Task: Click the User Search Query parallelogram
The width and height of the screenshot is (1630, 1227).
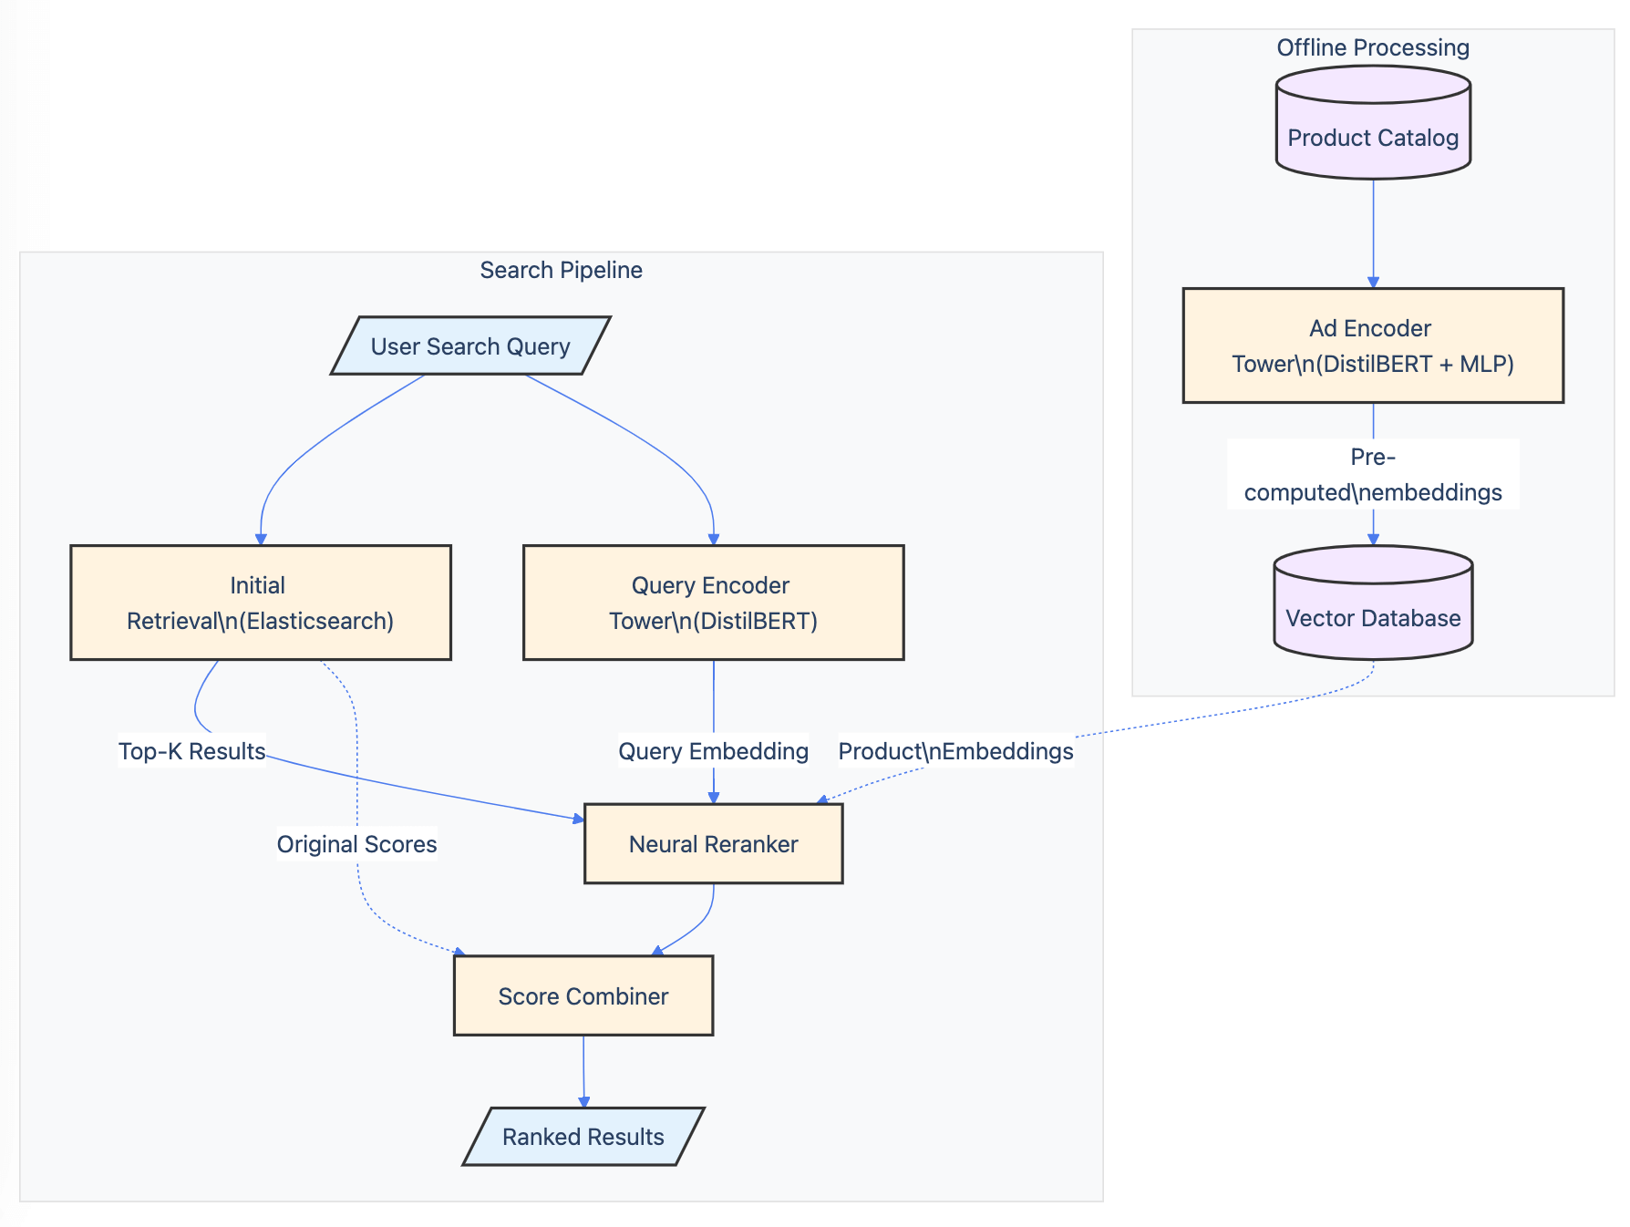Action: click(x=470, y=345)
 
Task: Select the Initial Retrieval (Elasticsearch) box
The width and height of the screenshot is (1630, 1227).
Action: click(x=261, y=603)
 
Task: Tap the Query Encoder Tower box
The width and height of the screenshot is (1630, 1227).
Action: click(x=713, y=603)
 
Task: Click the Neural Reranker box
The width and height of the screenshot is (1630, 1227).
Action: click(x=713, y=843)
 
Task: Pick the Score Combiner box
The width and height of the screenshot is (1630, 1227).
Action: click(x=583, y=995)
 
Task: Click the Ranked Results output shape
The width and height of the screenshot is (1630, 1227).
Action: click(x=583, y=1137)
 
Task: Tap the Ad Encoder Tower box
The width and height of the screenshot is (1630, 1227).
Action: click(x=1373, y=345)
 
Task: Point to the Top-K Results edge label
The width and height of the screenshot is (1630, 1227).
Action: click(x=191, y=751)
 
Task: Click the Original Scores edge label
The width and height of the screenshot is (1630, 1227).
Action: click(x=356, y=844)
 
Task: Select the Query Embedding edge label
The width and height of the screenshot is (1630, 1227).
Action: click(x=713, y=751)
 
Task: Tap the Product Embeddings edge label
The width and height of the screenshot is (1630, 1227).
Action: click(x=955, y=751)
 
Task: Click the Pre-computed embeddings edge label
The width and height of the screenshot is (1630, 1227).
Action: click(x=1373, y=474)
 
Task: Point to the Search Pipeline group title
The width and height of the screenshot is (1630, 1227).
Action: click(x=561, y=270)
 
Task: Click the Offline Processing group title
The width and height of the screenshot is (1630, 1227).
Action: click(x=1373, y=47)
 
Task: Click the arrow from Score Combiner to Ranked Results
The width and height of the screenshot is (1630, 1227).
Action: click(x=583, y=1071)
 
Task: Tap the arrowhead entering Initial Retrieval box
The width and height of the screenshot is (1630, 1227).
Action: click(x=261, y=539)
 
